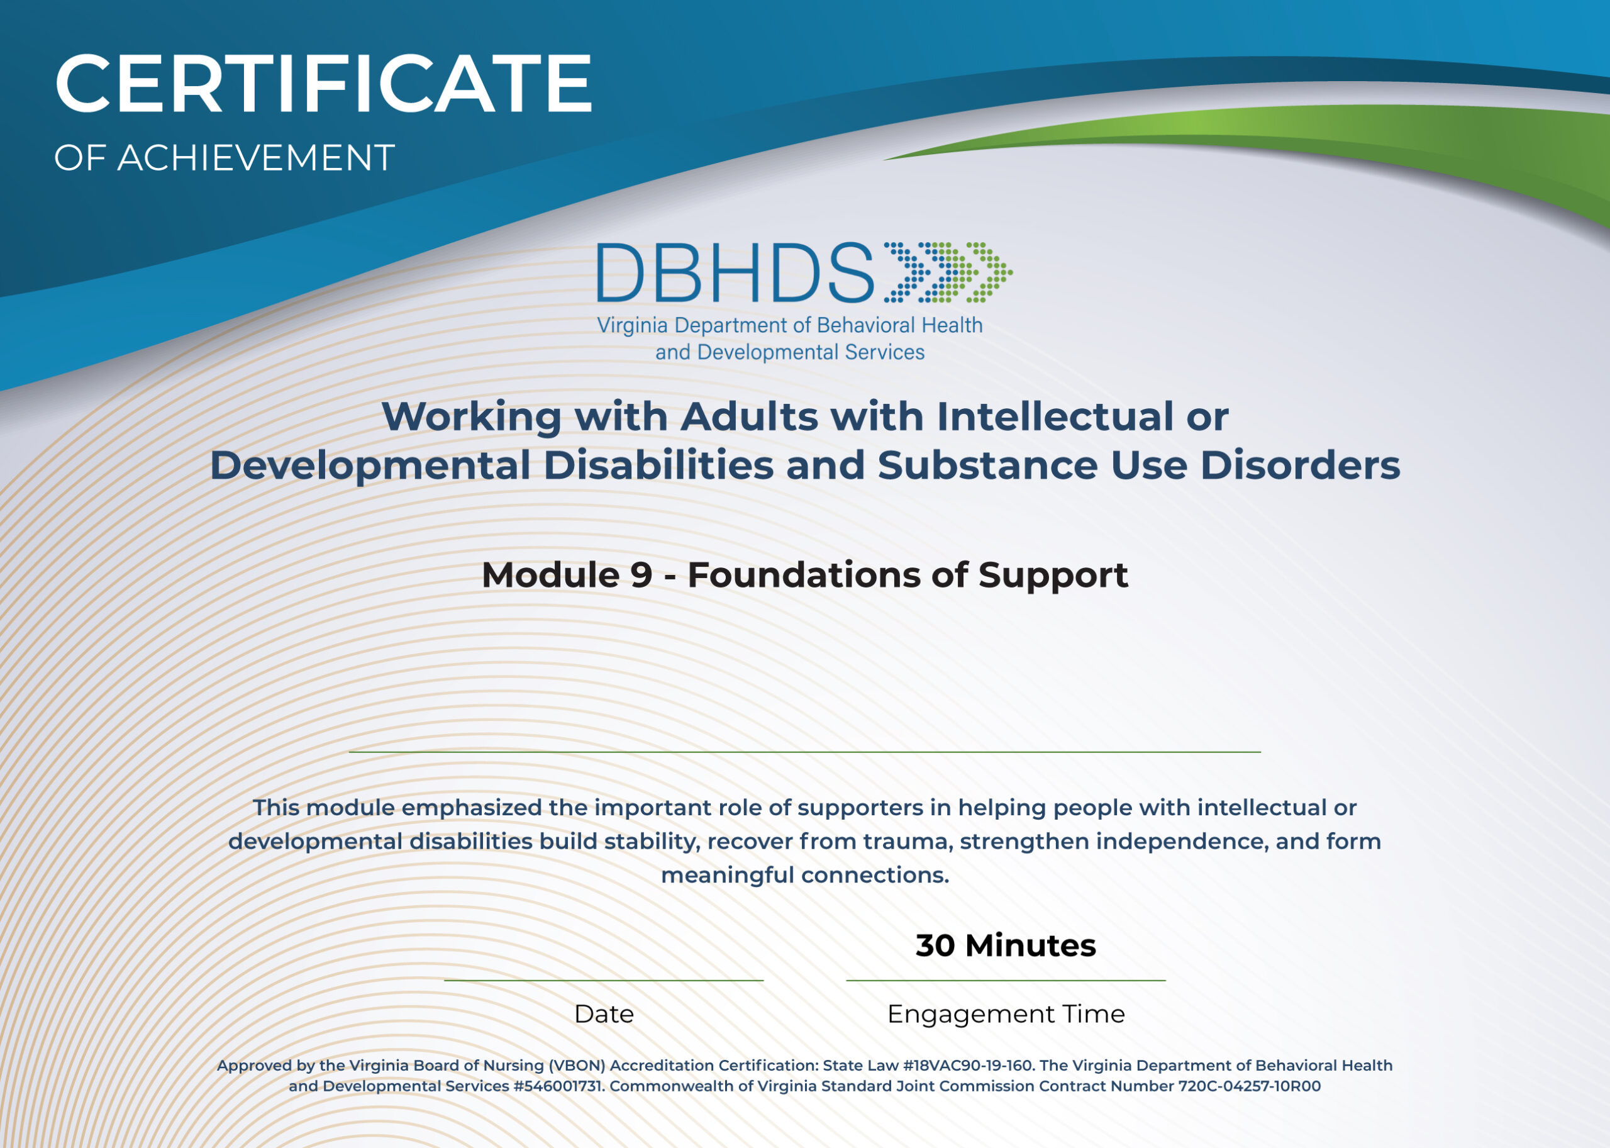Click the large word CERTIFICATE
tap(323, 84)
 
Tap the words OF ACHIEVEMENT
tap(224, 158)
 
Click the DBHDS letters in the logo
tap(735, 273)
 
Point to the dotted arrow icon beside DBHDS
tap(947, 272)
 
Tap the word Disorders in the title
tap(1300, 466)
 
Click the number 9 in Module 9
tap(641, 575)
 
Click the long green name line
tap(804, 752)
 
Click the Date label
tap(604, 1013)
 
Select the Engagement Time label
tap(1006, 1013)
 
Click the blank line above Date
tap(604, 981)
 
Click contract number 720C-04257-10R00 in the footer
tap(1249, 1086)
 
